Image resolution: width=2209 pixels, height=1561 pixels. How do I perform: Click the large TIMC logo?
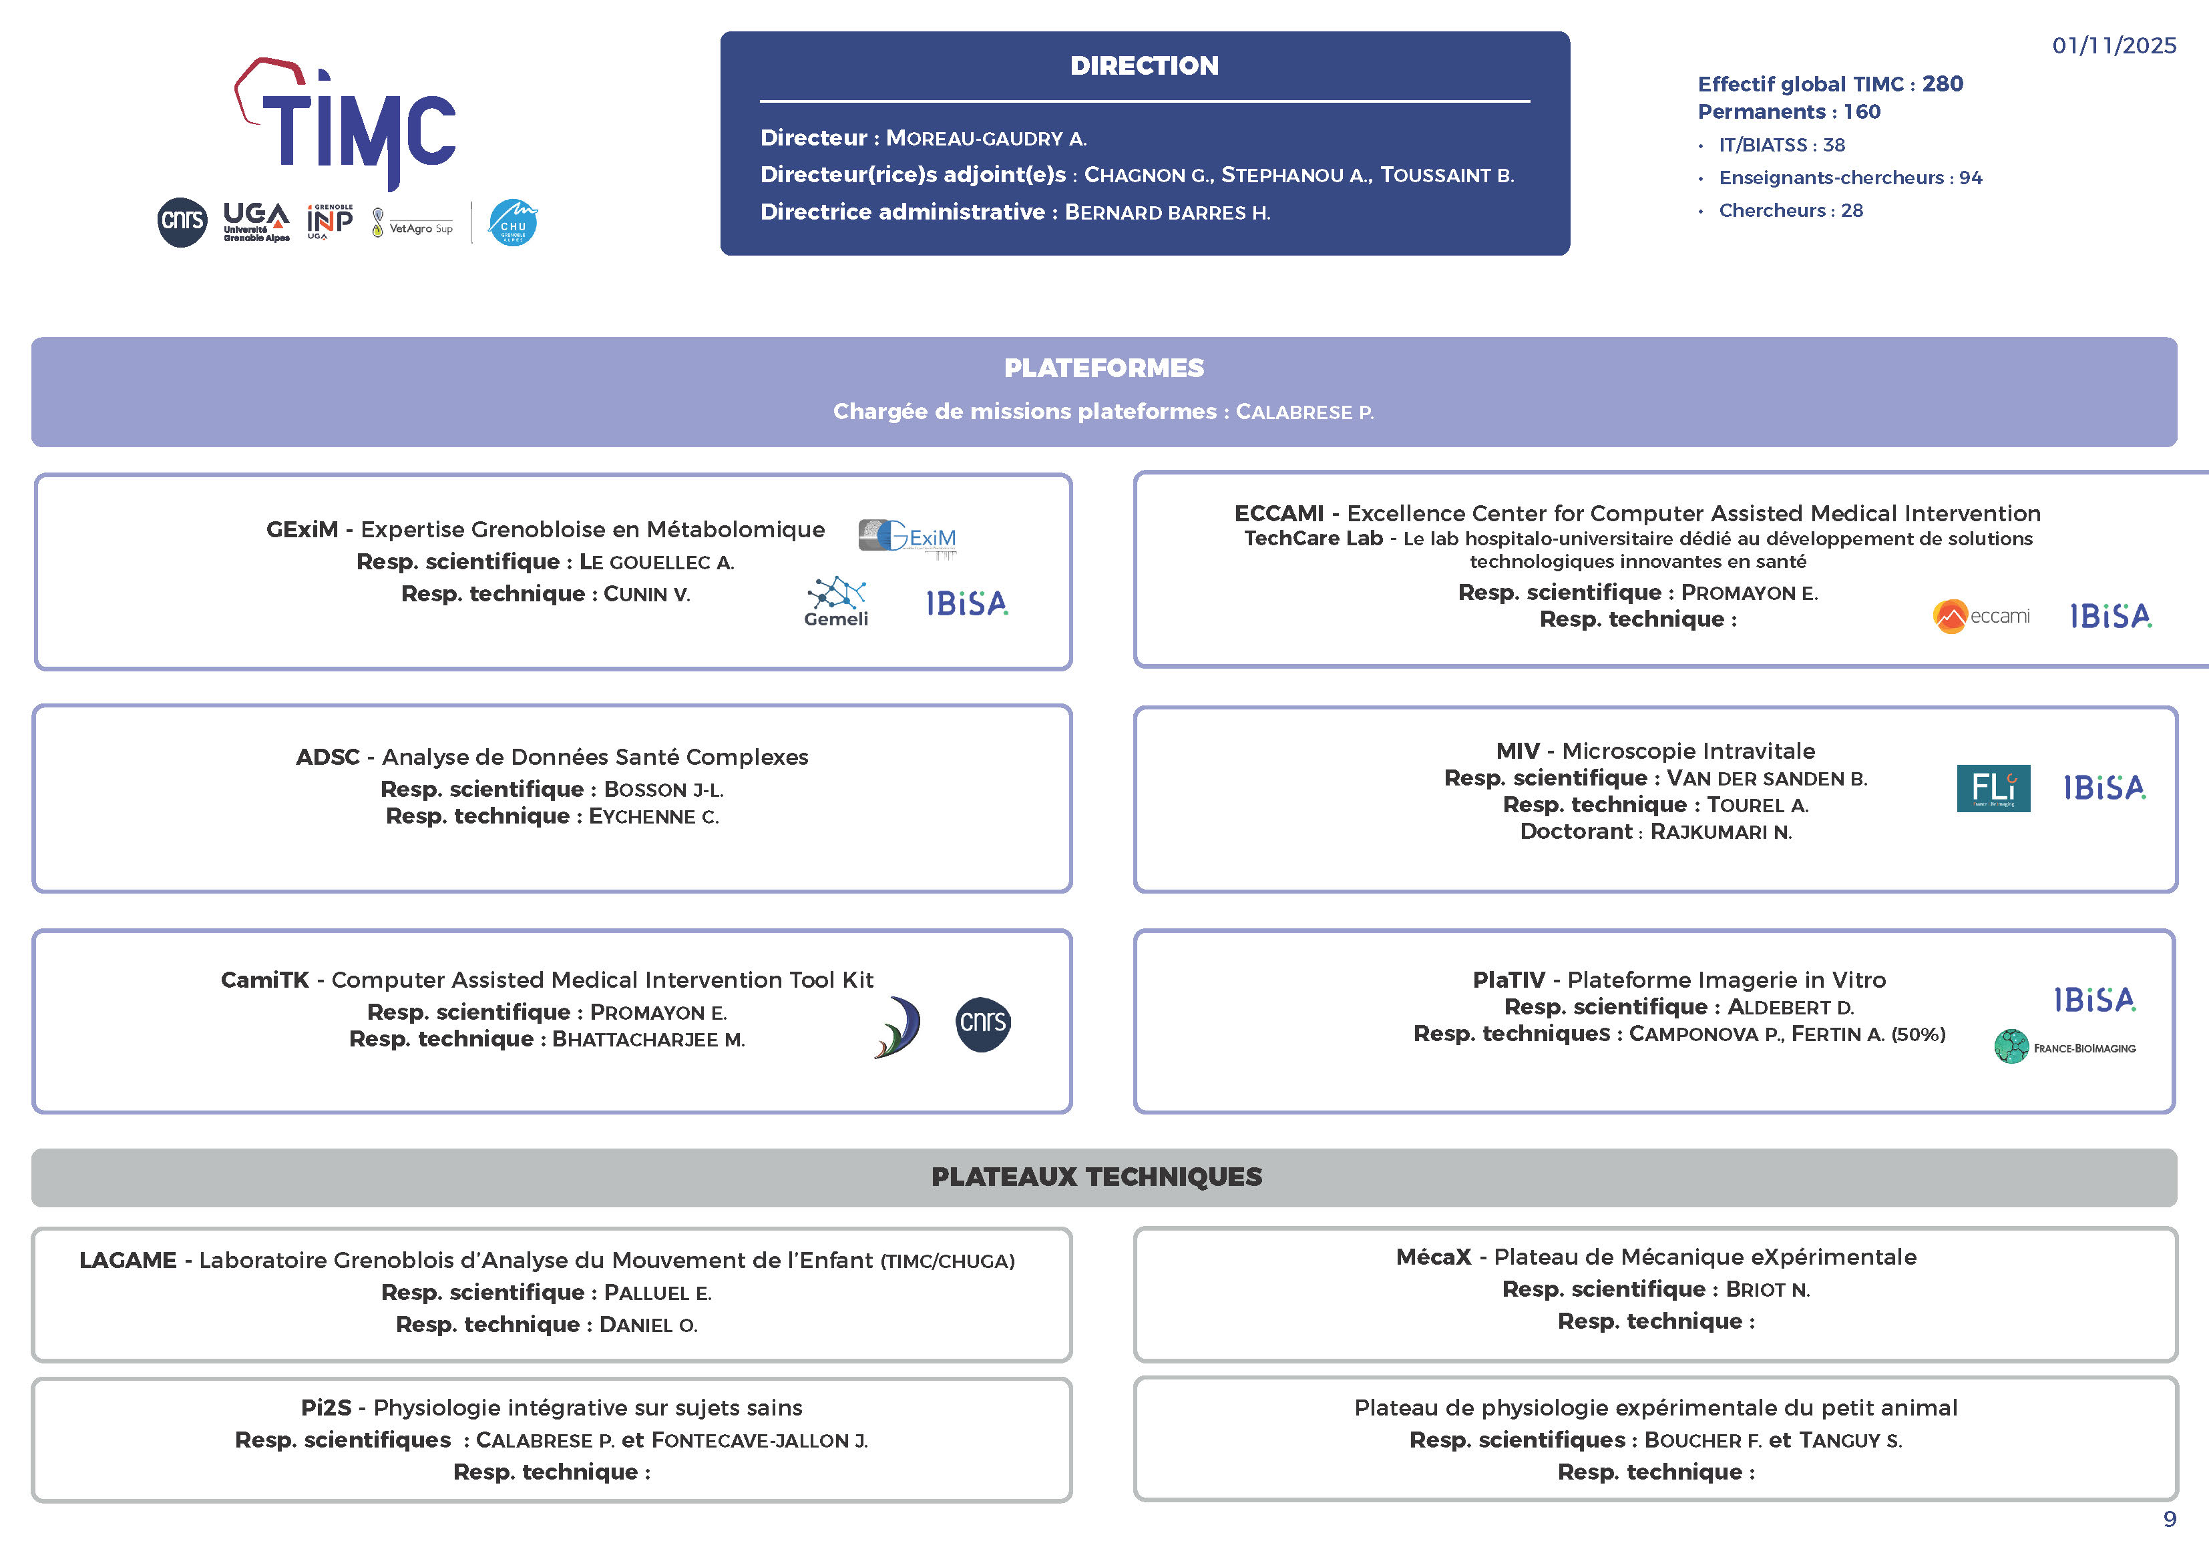coord(347,123)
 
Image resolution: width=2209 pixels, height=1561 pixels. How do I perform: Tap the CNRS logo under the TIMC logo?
coord(182,222)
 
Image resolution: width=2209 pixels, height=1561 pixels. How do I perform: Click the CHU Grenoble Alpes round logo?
coord(513,222)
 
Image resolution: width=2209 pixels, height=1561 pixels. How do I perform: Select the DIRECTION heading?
coord(1144,65)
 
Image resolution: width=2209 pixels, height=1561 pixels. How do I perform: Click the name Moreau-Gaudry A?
coord(986,139)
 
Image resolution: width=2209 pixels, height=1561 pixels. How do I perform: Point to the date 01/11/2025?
coord(2113,45)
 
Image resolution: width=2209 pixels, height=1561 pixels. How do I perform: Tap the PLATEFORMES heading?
coord(1104,368)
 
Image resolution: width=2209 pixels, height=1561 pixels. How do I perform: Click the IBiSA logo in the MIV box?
coord(2104,788)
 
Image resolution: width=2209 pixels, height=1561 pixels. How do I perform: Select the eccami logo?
coord(1981,615)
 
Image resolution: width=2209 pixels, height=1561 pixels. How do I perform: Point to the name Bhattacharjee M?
coord(648,1040)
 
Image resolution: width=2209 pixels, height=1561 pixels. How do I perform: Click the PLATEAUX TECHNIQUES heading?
coord(1096,1177)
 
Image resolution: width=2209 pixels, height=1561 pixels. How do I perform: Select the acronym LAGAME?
coord(128,1261)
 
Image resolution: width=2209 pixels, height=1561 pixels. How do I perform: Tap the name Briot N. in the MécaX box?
coord(1768,1290)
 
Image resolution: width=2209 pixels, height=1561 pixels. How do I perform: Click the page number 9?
coord(2170,1520)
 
